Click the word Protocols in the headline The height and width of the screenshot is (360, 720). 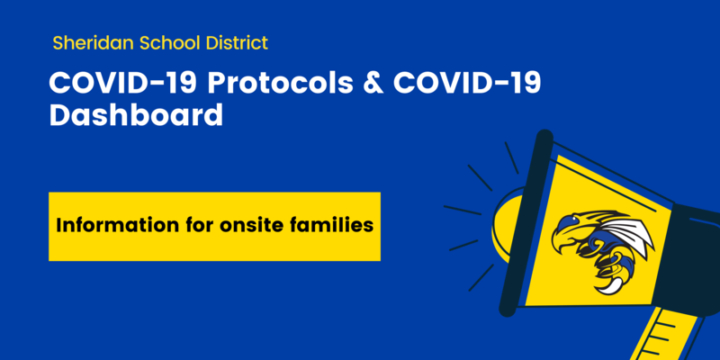[280, 84]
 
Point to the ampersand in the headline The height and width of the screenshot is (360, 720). [373, 84]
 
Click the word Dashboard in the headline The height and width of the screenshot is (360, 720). [136, 115]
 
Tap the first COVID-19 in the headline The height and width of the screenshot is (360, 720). [123, 84]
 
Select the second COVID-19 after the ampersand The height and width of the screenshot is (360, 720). [467, 84]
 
